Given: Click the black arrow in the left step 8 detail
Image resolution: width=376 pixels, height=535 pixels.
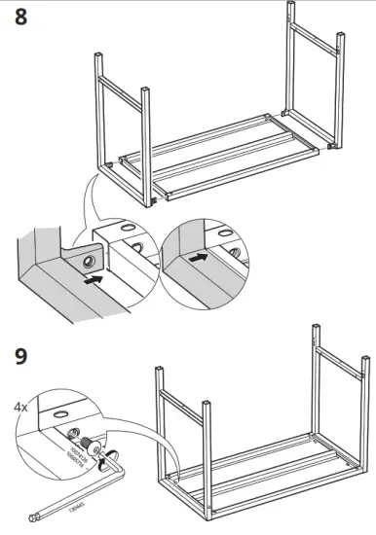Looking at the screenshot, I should [93, 279].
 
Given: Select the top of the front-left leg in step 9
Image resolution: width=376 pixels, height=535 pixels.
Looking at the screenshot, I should [160, 371].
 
